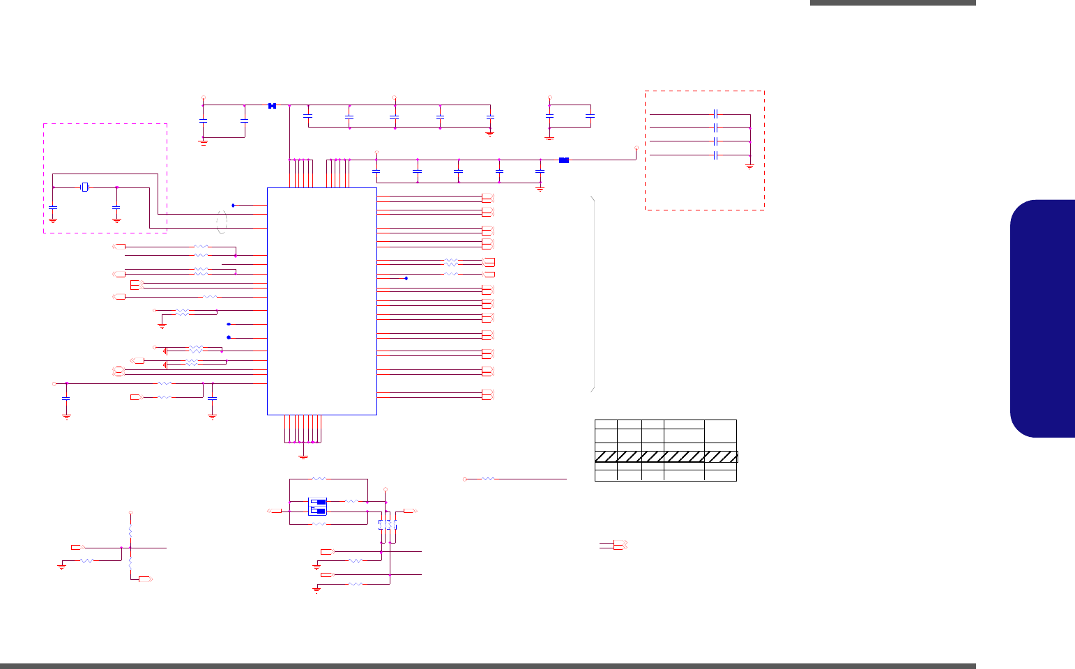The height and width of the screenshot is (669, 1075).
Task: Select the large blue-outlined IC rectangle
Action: (322, 301)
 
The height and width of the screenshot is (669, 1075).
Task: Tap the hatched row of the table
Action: (666, 457)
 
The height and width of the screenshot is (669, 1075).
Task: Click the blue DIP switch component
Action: (317, 507)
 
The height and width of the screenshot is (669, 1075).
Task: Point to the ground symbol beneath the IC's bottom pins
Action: (303, 456)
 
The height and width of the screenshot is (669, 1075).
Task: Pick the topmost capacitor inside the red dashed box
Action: (716, 114)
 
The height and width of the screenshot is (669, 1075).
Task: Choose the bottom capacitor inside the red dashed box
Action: (716, 155)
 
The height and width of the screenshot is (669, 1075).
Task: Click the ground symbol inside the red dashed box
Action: (750, 167)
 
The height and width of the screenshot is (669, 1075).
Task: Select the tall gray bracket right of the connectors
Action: (593, 293)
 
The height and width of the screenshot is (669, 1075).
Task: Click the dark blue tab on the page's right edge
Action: (1043, 318)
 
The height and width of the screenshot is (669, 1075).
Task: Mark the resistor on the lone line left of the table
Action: (488, 479)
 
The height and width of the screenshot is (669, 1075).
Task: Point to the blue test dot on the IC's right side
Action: (406, 279)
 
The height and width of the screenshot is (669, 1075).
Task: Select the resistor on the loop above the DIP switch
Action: (319, 479)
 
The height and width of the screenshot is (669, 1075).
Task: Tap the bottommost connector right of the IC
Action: (488, 394)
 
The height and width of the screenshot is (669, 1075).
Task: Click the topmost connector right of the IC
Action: (488, 197)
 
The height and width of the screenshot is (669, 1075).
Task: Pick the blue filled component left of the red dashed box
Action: (564, 160)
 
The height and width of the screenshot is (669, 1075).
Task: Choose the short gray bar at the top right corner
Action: (892, 3)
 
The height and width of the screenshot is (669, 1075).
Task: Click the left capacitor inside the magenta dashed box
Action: (53, 207)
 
